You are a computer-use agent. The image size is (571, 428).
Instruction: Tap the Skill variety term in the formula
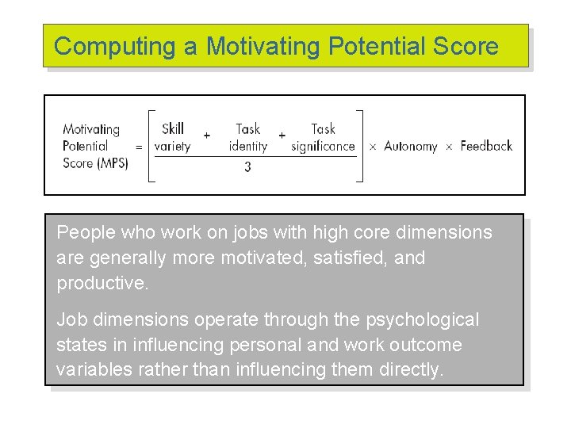point(172,137)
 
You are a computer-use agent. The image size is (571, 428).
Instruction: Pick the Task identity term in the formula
point(247,137)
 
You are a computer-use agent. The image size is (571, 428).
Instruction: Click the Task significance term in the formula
point(323,137)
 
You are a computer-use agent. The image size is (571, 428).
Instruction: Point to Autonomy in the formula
point(410,146)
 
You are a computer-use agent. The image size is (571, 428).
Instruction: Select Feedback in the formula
point(486,146)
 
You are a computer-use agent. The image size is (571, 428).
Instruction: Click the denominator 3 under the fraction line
point(247,167)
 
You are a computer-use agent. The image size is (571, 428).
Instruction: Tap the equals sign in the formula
point(140,147)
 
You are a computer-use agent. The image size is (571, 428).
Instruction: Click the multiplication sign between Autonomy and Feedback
point(449,147)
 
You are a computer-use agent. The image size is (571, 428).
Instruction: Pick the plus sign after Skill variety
point(207,136)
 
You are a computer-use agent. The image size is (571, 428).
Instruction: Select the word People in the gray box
point(82,233)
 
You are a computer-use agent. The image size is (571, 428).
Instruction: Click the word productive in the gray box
point(102,284)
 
